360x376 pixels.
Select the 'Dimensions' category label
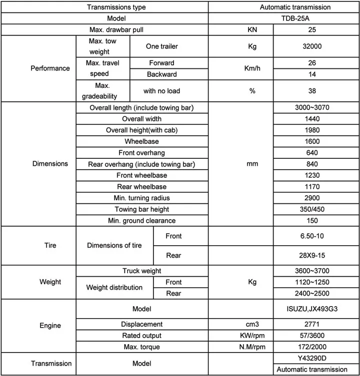pyautogui.click(x=50, y=164)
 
